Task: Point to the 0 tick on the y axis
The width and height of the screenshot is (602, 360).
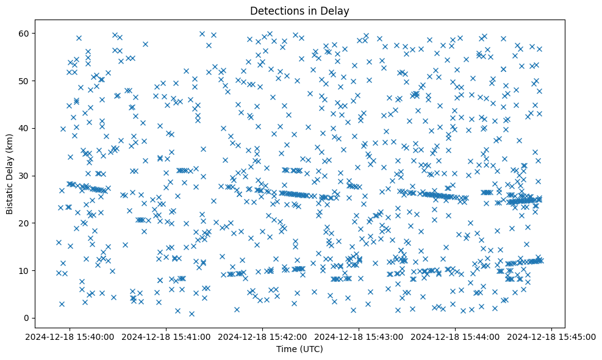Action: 26,318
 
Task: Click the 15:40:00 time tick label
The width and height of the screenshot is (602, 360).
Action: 70,336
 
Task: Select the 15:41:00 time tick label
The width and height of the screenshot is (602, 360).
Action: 167,336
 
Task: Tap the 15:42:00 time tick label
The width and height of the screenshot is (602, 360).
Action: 263,336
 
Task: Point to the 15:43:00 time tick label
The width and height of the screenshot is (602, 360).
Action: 359,336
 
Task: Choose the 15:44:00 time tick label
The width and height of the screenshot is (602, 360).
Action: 456,336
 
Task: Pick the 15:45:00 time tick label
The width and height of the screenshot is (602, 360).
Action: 552,336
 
